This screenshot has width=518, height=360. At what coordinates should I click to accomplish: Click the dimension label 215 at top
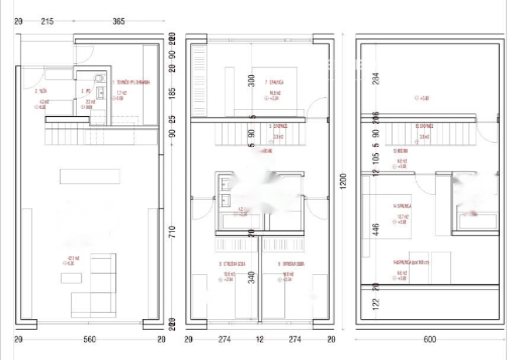(x=47, y=22)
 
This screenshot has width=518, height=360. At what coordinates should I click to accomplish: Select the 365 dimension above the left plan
(x=119, y=22)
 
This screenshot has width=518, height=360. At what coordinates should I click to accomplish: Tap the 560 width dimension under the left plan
(x=89, y=339)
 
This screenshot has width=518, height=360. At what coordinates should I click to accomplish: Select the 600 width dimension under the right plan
(x=430, y=339)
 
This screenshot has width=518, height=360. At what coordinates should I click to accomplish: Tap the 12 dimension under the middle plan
(x=260, y=339)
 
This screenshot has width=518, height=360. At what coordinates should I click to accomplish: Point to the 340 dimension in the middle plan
(x=251, y=277)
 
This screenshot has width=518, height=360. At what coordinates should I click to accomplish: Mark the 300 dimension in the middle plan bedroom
(x=251, y=81)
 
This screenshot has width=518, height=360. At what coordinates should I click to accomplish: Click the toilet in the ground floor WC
(x=99, y=78)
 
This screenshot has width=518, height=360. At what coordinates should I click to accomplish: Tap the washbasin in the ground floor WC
(x=100, y=92)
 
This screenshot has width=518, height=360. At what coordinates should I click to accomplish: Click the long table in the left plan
(x=89, y=176)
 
